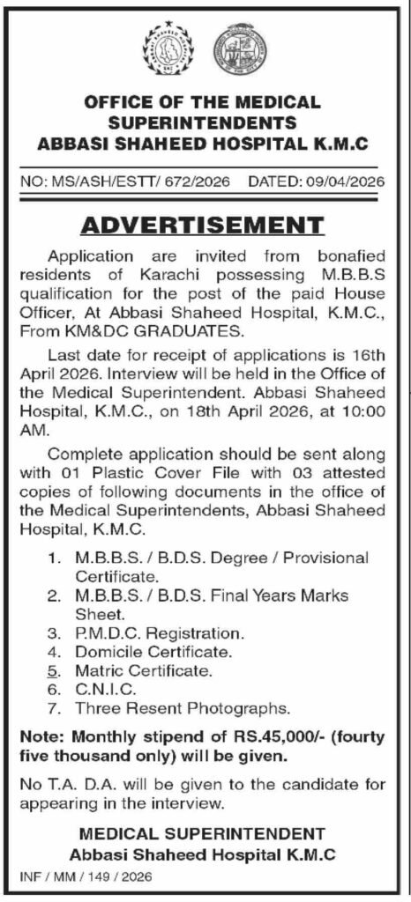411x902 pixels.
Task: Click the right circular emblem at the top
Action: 237,48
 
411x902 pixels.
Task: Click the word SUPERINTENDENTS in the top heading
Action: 205,122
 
